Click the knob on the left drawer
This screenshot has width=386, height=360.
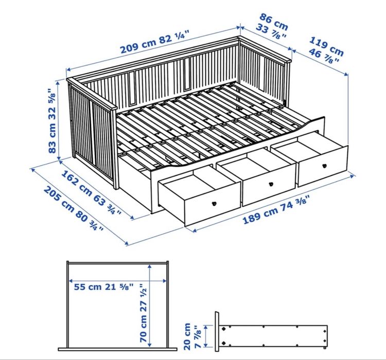(x=212, y=202)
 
